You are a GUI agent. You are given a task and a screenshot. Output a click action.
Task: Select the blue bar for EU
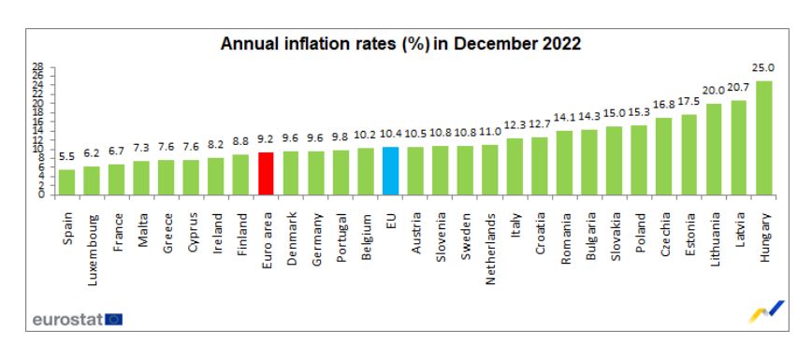click(x=390, y=172)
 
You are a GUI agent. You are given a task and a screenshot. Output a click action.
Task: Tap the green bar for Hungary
click(x=763, y=138)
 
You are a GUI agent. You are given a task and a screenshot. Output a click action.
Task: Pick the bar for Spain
click(x=67, y=183)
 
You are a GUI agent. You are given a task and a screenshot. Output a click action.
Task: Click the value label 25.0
click(x=763, y=68)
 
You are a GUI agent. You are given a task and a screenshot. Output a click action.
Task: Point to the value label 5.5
click(x=67, y=158)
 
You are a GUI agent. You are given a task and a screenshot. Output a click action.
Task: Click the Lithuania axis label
click(x=714, y=238)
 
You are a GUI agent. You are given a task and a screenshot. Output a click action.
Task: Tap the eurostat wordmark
click(x=66, y=319)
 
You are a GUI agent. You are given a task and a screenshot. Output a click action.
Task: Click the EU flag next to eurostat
click(x=113, y=319)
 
